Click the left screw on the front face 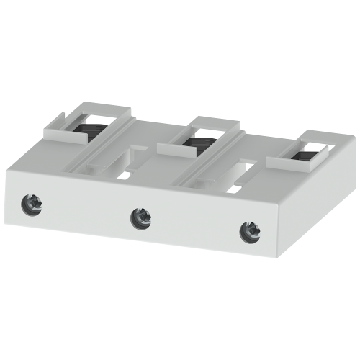35,199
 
